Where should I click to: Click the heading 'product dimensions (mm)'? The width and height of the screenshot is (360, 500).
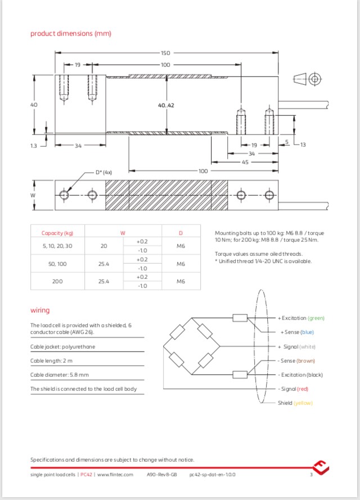(x=70, y=33)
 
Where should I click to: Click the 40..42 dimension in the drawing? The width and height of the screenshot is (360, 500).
(x=166, y=105)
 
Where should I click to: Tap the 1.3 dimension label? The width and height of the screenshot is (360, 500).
(x=33, y=146)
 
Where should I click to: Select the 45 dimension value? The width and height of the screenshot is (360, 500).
(x=245, y=162)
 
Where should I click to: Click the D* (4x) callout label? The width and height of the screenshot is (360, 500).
(x=103, y=173)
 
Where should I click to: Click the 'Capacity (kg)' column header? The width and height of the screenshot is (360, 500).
(x=57, y=233)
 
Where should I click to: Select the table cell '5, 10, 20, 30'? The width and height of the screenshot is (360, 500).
(x=57, y=246)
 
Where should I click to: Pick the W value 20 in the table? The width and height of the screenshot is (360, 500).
(x=103, y=246)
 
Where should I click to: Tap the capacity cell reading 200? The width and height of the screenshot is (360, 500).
(x=57, y=281)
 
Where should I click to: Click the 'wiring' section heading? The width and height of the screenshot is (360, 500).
(x=39, y=310)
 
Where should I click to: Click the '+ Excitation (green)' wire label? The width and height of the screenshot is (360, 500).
(x=301, y=318)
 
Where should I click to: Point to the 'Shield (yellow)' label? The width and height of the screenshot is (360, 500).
(x=295, y=403)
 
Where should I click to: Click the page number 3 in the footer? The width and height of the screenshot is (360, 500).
(x=310, y=475)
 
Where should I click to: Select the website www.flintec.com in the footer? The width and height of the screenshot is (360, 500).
(x=115, y=475)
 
